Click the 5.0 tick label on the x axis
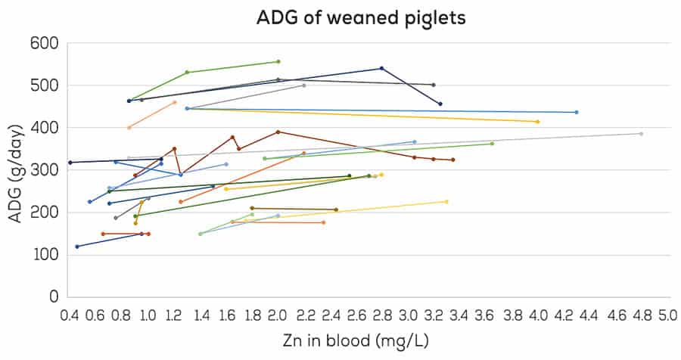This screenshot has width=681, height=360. pos(667,313)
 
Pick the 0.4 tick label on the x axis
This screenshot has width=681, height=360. pos(69,313)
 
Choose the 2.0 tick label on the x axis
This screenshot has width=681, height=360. pos(278,313)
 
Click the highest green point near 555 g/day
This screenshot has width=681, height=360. pos(278,61)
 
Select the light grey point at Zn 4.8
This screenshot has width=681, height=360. pos(641,134)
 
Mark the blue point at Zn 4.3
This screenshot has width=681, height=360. pos(577,112)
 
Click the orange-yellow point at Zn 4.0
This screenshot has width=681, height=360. pos(537,122)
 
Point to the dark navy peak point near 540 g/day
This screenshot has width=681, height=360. pos(381,68)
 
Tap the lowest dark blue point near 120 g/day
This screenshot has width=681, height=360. pos(76,247)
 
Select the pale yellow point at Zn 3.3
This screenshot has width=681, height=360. pos(446,201)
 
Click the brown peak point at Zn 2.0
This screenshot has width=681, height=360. pos(278,132)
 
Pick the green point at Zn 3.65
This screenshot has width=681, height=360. pos(492,144)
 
